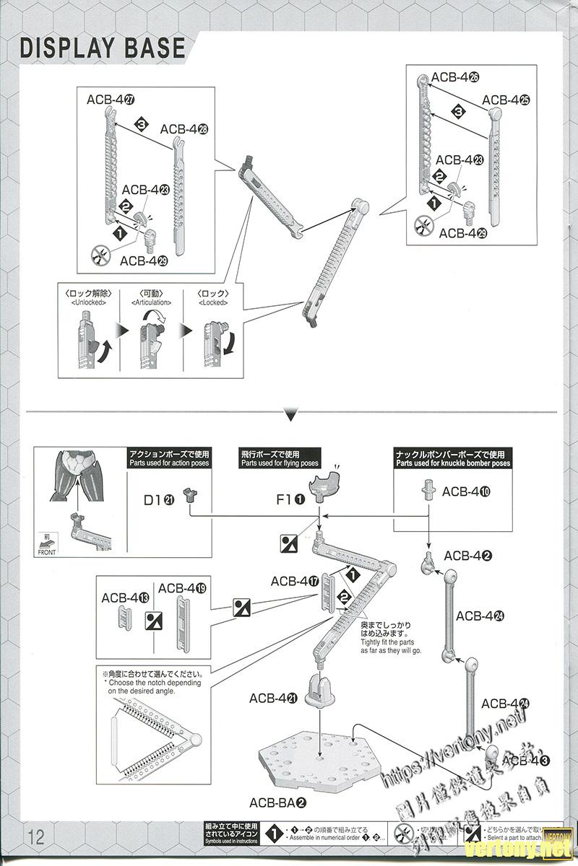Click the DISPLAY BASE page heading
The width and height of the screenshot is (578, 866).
tap(103, 48)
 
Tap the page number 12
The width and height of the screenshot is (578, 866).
tap(36, 837)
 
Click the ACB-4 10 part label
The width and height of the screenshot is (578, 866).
tap(466, 491)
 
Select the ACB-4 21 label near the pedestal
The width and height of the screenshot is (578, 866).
tap(274, 698)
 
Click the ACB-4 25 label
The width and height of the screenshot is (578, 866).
tap(506, 100)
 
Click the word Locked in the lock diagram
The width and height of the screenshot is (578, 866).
tap(213, 304)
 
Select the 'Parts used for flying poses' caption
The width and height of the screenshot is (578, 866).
tap(270, 463)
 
